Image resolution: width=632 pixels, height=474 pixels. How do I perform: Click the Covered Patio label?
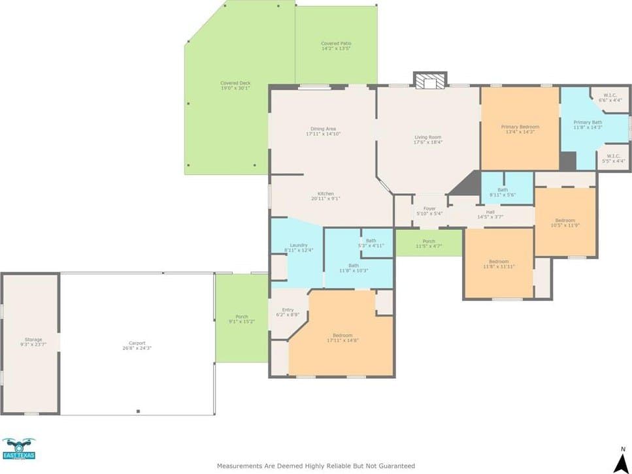click(336, 46)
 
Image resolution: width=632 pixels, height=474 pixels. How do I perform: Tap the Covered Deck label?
click(235, 86)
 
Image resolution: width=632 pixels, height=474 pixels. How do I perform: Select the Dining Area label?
click(324, 131)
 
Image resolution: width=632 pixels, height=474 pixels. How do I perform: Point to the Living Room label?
click(428, 140)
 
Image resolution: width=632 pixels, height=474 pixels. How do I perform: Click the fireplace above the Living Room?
click(430, 80)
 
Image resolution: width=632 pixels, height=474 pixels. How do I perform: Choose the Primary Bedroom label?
click(520, 129)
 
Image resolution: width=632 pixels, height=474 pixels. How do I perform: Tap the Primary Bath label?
click(588, 125)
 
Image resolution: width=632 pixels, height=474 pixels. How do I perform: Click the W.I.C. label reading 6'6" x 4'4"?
click(612, 98)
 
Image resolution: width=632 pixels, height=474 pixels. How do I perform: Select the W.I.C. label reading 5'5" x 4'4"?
click(614, 158)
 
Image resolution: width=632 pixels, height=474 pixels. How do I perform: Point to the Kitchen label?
click(325, 196)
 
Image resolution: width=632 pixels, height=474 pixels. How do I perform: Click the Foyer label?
click(429, 211)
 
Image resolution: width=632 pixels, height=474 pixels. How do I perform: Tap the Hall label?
click(490, 214)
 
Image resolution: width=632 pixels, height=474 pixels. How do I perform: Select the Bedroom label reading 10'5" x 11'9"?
click(565, 223)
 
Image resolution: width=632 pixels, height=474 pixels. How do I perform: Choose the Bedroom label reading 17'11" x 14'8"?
click(342, 338)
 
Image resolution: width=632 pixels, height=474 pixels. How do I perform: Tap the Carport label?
click(137, 345)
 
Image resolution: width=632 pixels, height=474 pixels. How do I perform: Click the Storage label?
click(33, 342)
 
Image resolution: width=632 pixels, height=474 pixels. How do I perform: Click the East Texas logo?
click(18, 450)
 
